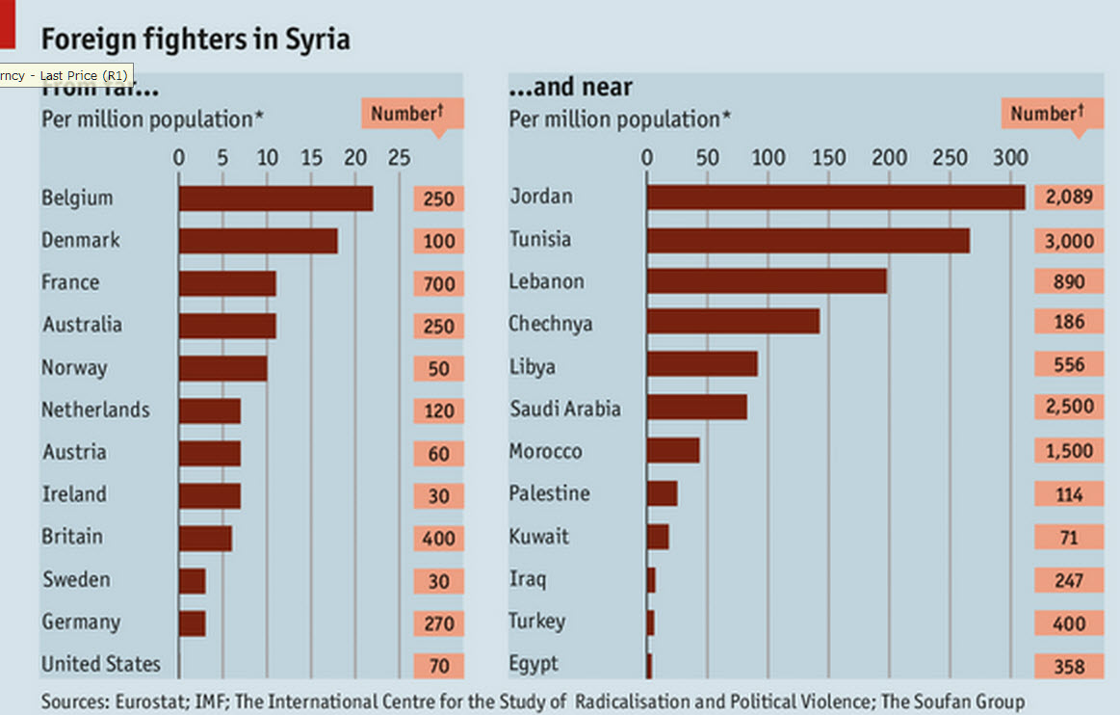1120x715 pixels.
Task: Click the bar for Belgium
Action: (275, 199)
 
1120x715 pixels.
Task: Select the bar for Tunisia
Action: (808, 240)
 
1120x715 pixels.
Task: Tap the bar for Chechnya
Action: (733, 322)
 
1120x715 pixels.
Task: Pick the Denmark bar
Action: (258, 241)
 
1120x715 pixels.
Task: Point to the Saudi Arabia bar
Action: (696, 407)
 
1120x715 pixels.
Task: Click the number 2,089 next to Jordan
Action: (1069, 198)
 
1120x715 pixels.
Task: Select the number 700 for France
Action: (438, 283)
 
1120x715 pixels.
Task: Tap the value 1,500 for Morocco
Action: (1069, 451)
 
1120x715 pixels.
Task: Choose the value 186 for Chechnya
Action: (1069, 322)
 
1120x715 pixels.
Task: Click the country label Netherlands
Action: (95, 410)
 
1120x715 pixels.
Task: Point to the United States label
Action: (101, 664)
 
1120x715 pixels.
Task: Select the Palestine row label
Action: (550, 493)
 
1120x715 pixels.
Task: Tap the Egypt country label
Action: (534, 664)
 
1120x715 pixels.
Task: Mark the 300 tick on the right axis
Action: (1010, 157)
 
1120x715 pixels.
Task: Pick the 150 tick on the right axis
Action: (828, 157)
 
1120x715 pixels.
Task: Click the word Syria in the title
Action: (318, 40)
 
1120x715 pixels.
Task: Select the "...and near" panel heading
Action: (570, 88)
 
